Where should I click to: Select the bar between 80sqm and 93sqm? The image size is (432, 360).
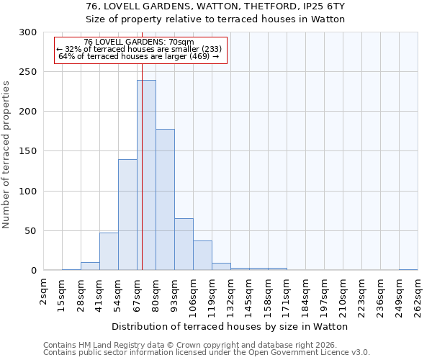pyautogui.click(x=165, y=199)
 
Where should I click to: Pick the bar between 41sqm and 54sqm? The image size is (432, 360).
pyautogui.click(x=109, y=251)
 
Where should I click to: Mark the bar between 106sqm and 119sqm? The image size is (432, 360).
pyautogui.click(x=202, y=255)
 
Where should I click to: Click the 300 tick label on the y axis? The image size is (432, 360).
pyautogui.click(x=28, y=32)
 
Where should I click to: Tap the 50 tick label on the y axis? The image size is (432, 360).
pyautogui.click(x=31, y=231)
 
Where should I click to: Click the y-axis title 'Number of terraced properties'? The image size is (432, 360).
pyautogui.click(x=7, y=154)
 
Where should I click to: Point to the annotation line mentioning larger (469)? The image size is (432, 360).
pyautogui.click(x=138, y=56)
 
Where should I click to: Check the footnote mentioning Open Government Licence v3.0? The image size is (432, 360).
pyautogui.click(x=207, y=353)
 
